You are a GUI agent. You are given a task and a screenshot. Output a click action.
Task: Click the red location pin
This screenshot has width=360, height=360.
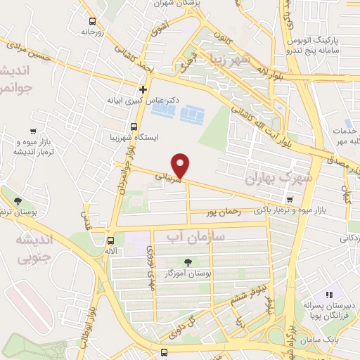coord(181,165)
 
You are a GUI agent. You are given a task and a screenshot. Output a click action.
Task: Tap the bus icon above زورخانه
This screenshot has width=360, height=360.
coord(91,20)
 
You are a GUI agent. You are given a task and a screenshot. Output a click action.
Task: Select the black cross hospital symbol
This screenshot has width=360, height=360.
coord(143,89)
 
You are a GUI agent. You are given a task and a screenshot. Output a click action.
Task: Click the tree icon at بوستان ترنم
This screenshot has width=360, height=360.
coord(13,199)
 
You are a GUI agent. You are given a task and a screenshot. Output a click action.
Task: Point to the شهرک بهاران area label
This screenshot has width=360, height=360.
coord(275,179)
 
